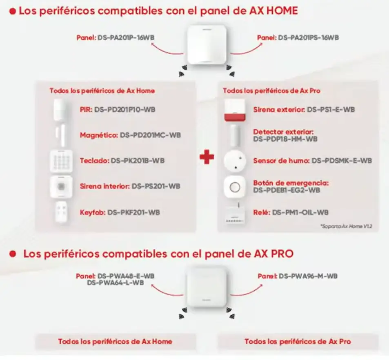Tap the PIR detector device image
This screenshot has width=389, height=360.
60,110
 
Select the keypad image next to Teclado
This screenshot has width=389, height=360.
61,161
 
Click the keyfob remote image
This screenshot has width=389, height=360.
61,212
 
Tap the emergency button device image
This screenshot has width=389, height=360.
234,187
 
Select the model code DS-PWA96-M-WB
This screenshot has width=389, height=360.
308,276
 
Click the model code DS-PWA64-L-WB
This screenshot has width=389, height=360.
116,282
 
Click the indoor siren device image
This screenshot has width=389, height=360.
61,187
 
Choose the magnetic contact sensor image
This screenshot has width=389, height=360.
61,135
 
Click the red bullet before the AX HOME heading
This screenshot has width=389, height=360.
13,11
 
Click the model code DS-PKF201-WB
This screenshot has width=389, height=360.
133,212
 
